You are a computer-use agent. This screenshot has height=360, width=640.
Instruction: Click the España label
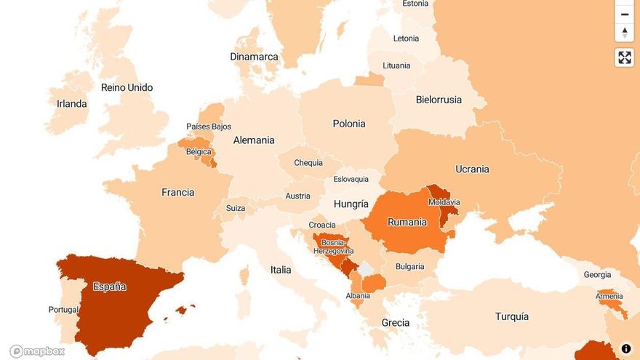coord(109,287)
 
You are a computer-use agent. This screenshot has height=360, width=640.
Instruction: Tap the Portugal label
coord(63,310)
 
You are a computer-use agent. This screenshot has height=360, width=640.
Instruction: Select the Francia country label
coord(177,193)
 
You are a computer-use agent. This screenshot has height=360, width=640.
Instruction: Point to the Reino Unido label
coord(127,87)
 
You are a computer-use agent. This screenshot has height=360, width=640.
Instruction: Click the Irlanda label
coord(71,104)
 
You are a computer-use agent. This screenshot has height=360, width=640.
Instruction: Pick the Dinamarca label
coord(254,56)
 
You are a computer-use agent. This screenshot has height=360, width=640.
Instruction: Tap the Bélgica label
coord(199,152)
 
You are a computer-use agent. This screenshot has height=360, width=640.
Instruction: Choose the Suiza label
coord(235,208)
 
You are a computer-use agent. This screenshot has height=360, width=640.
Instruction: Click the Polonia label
coord(349,124)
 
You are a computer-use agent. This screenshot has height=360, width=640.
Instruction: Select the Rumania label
coord(407,222)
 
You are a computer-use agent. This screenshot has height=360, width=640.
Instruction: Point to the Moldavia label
coord(444,202)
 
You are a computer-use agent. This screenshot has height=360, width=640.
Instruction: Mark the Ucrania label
coord(472,169)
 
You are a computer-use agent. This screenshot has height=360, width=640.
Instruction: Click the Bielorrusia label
coord(439,100)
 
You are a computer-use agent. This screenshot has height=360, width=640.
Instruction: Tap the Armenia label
coord(609,296)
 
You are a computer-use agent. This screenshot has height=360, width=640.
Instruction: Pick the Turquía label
coord(511,316)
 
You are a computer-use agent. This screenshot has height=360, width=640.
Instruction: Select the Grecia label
coord(395,322)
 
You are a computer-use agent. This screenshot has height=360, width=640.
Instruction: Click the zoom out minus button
coord(624,14)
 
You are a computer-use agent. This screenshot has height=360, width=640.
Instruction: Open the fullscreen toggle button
coord(624,57)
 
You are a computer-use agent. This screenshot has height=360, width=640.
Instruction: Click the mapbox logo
coord(37,351)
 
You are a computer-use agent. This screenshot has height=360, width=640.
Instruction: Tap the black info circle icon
coord(625,348)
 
